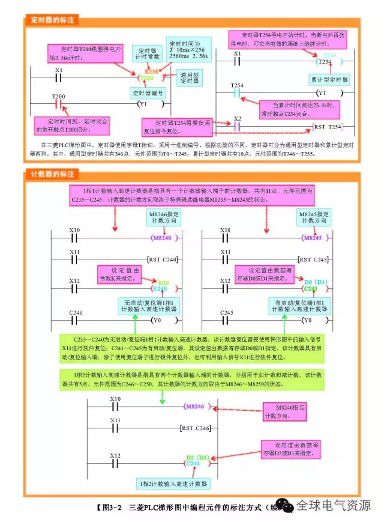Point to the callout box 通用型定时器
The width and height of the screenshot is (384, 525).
click(189, 77)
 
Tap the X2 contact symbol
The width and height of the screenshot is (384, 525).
click(237, 127)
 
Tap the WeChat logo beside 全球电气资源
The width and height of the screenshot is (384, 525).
click(288, 507)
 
